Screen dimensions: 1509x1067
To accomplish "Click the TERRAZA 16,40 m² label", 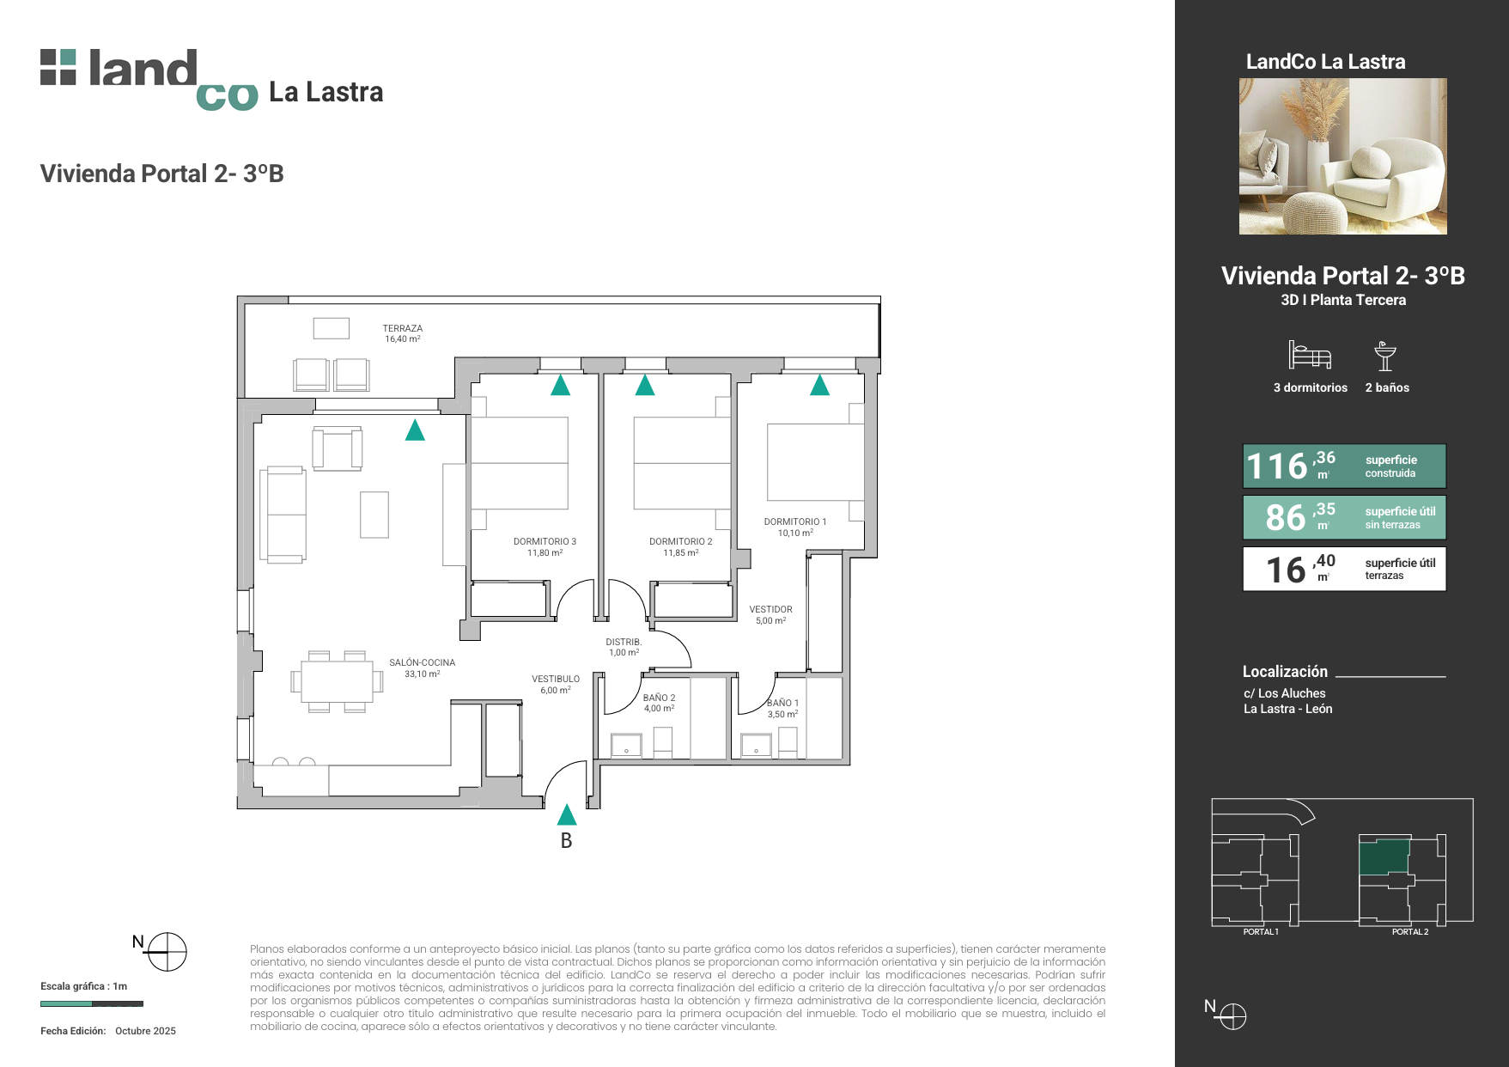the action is click(403, 333).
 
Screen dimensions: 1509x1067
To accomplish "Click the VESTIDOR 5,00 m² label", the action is click(770, 614).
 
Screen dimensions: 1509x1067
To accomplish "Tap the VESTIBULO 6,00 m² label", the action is click(555, 684).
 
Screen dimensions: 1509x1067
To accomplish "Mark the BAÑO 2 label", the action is click(659, 698).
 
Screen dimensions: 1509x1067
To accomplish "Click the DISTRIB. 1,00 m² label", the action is click(624, 647).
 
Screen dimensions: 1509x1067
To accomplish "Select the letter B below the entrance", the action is click(566, 841).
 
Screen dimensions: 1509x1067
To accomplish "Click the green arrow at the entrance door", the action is click(567, 814).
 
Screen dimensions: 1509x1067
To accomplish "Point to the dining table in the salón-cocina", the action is click(337, 682).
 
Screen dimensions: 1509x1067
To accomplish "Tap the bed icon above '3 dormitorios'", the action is click(1310, 355).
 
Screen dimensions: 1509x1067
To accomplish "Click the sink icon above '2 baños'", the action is click(1384, 356).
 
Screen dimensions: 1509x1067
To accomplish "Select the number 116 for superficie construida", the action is click(1276, 466).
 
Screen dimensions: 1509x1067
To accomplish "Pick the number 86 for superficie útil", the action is click(1285, 517).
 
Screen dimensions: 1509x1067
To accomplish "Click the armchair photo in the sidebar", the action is click(1342, 156).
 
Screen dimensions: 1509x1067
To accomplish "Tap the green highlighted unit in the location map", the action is click(1384, 857).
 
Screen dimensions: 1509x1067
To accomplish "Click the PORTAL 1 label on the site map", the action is click(1261, 932).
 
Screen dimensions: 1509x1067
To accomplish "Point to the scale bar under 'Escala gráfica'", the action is click(92, 1003).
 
